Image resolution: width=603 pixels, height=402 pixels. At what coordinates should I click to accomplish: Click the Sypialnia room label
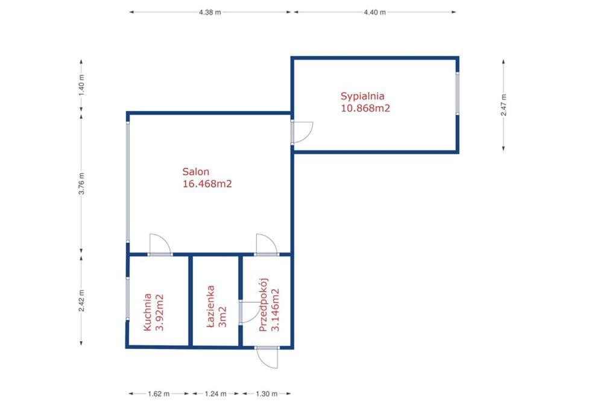[362, 96]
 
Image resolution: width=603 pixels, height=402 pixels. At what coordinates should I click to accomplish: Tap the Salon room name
[196, 171]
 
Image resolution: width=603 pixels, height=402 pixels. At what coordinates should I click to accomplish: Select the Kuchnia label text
[147, 312]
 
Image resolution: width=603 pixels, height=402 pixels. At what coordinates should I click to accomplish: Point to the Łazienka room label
[210, 306]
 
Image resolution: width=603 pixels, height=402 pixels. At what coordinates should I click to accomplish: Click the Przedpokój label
[264, 304]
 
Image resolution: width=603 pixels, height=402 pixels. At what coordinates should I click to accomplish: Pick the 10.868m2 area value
[365, 108]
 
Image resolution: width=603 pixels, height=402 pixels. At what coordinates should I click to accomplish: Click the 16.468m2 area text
[207, 184]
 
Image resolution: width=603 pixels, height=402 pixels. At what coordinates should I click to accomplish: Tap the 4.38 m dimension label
[210, 12]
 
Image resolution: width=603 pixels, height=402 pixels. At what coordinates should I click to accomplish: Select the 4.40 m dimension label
[374, 12]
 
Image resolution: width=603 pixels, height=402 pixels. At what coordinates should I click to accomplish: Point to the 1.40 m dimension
[81, 86]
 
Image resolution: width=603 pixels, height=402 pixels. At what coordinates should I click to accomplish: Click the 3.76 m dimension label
[81, 184]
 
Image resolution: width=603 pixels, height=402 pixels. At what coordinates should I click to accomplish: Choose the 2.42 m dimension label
[81, 301]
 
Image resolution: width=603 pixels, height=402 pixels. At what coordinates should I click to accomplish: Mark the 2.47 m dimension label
[504, 105]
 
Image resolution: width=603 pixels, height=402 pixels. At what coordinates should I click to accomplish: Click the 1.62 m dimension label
[159, 394]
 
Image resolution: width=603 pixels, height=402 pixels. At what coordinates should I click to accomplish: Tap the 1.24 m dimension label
[215, 394]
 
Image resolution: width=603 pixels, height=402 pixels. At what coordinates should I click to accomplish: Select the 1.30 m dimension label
[267, 394]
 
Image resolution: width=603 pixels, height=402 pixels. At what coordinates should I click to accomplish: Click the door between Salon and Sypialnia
[301, 133]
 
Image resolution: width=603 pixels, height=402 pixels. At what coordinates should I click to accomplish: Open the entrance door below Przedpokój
[267, 357]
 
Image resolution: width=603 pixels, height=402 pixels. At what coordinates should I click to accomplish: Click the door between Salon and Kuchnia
[160, 245]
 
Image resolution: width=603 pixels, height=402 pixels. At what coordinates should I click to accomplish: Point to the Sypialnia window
[457, 93]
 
